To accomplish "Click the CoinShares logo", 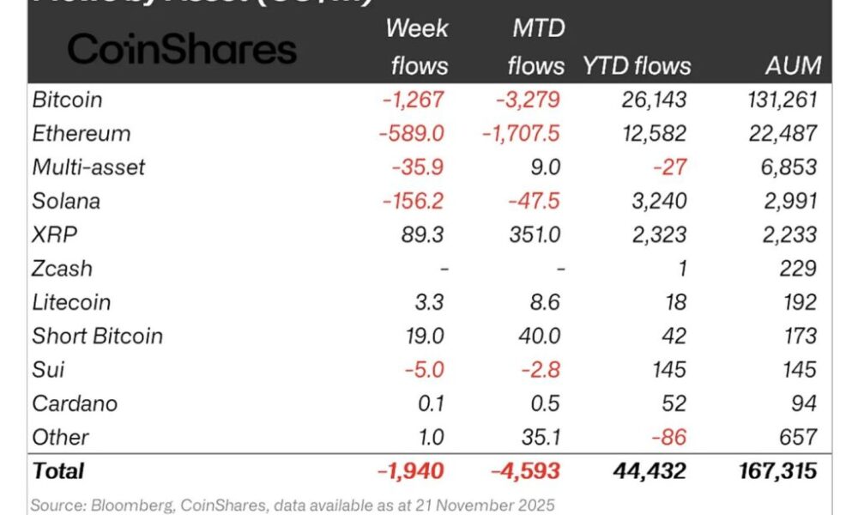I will (182, 49).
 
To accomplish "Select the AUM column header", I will (793, 65).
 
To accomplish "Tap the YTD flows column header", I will (636, 65).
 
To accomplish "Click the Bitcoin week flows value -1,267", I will (414, 100).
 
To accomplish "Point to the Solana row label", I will (66, 201).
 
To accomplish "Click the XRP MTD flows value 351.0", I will (534, 234).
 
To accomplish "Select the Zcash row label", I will (62, 269).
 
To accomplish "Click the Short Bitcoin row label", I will (97, 336).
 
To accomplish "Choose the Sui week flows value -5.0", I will (426, 370).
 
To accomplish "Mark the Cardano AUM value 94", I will (802, 403).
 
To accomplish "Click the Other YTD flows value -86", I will (669, 437).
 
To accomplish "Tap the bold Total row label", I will (57, 470).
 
